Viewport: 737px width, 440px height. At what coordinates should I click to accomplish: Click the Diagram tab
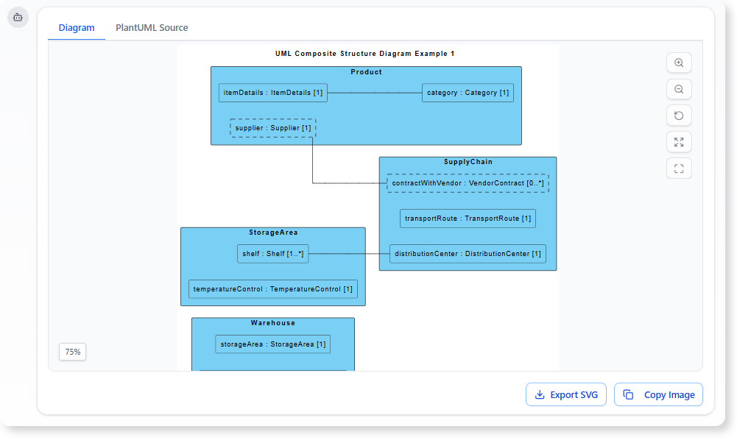click(x=77, y=28)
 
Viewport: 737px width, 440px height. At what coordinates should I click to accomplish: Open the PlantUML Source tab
click(x=152, y=28)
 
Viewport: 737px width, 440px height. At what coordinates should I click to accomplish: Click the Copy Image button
click(x=659, y=394)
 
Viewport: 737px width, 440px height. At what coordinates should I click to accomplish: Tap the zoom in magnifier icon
click(x=679, y=63)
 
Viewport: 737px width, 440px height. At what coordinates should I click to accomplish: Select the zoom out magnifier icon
click(x=679, y=90)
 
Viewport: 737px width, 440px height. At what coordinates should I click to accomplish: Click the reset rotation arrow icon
click(x=679, y=116)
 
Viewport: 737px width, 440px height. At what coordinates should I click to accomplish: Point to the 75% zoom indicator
click(x=72, y=352)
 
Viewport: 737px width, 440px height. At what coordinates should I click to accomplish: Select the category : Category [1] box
click(x=468, y=93)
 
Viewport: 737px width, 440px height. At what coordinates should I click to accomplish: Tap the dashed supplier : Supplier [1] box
click(x=273, y=128)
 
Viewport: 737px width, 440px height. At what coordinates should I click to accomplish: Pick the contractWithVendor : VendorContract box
click(x=468, y=182)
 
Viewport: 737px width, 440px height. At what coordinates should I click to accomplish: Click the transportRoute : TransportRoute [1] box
click(x=468, y=219)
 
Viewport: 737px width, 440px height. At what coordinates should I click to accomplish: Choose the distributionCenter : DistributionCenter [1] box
click(x=468, y=254)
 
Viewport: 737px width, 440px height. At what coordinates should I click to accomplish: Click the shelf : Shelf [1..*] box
click(x=272, y=254)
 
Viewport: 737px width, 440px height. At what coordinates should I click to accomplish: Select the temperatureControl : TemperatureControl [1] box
click(x=272, y=289)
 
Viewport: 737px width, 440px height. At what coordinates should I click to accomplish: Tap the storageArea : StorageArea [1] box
click(x=272, y=344)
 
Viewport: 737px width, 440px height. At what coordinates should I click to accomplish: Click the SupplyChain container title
click(x=468, y=162)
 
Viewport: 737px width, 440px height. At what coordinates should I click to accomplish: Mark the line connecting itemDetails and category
click(x=374, y=93)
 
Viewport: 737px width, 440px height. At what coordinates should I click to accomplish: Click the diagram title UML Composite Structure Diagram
click(x=365, y=54)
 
